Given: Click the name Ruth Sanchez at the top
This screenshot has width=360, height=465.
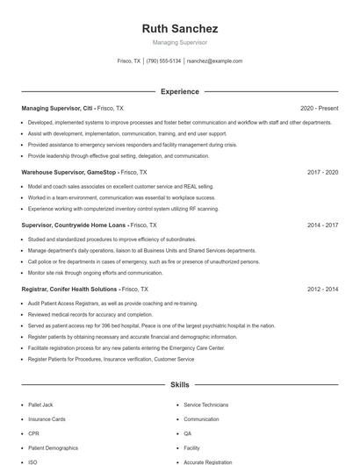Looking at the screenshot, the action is point(180,28).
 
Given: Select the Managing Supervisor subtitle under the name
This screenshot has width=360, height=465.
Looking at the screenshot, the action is point(180,42).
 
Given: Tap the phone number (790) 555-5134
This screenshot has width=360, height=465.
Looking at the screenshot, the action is point(163,61).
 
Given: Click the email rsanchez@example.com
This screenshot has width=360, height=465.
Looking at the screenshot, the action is point(215,61).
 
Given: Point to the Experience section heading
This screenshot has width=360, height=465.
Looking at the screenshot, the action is point(180,91).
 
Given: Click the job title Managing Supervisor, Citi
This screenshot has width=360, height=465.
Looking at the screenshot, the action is point(58,108).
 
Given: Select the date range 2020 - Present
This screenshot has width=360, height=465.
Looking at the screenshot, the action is point(319,108).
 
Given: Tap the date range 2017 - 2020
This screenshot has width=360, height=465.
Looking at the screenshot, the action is point(322,172).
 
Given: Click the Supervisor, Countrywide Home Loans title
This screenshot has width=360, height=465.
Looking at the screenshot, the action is point(74,225).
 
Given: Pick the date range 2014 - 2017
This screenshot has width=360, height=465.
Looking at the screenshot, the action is point(322,225).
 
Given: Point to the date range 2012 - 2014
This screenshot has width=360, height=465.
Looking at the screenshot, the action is point(322,289).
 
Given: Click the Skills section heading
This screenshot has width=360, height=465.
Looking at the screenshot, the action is point(180,384).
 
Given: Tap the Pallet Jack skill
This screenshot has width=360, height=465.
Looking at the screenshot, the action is point(41,405).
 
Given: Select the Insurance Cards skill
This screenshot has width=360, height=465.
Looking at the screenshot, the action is point(47,419).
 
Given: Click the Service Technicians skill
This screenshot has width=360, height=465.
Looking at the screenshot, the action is point(206,405).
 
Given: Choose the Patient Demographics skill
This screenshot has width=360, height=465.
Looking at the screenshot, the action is point(53,447).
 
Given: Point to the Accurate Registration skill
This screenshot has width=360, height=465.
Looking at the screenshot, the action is point(208,461).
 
